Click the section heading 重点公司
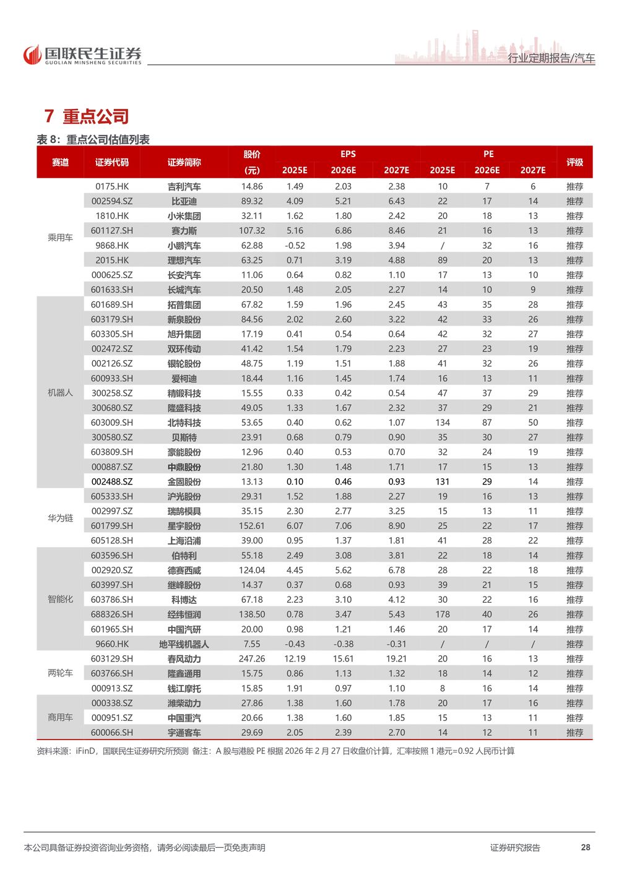[x=87, y=116]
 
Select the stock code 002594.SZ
[x=112, y=201]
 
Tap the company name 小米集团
[x=184, y=216]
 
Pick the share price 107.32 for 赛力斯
[x=252, y=231]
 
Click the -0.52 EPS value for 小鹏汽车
[x=295, y=246]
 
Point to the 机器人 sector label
[x=60, y=393]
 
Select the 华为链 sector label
[x=60, y=519]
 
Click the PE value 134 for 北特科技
[x=443, y=423]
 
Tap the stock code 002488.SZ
[x=112, y=481]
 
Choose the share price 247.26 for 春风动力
[x=252, y=659]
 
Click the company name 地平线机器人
[x=184, y=644]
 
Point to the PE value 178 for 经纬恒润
[x=443, y=614]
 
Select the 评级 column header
[x=574, y=162]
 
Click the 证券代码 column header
[x=112, y=162]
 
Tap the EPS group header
[x=348, y=154]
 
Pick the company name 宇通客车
[x=184, y=733]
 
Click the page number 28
[x=586, y=847]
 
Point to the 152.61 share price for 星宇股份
[x=252, y=526]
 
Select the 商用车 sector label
[x=60, y=718]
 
